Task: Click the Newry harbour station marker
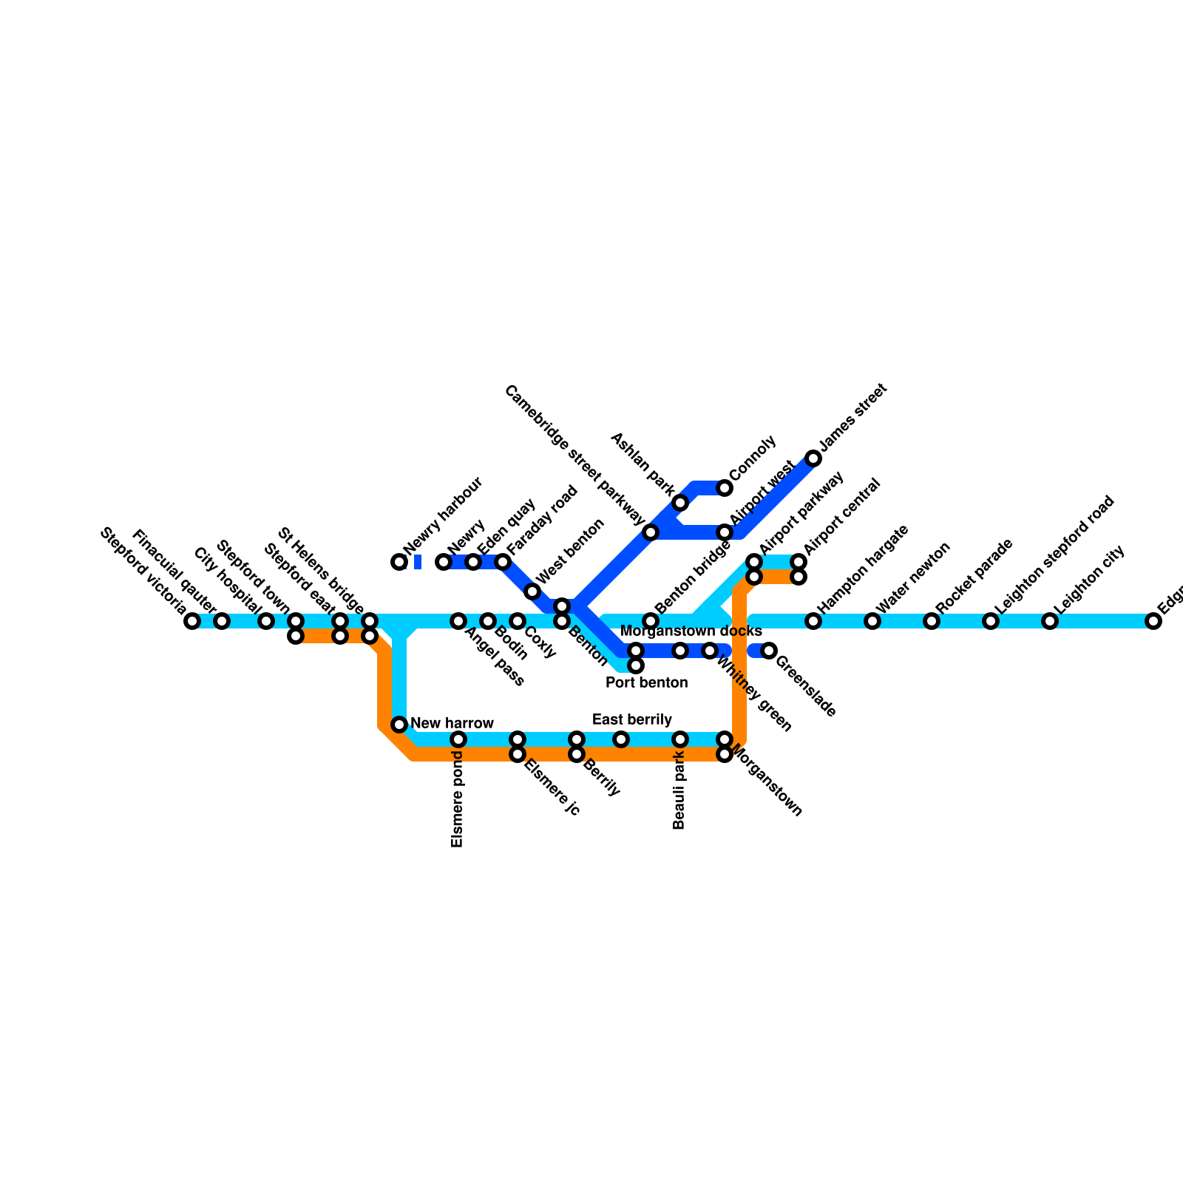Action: tap(399, 562)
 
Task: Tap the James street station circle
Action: tap(813, 458)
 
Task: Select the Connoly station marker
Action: tap(725, 488)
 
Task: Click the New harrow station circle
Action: tap(399, 724)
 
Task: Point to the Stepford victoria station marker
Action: tap(192, 621)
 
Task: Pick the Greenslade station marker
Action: tap(769, 651)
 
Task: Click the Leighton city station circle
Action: tap(1050, 621)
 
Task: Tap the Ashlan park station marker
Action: tap(680, 503)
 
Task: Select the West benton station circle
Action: tap(532, 591)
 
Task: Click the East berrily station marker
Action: tap(621, 739)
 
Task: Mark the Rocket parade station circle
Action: tap(932, 621)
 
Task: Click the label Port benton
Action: tap(646, 682)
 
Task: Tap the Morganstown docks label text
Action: tap(691, 631)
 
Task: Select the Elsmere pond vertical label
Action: tap(457, 799)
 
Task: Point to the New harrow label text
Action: tap(452, 723)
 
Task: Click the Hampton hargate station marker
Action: tap(813, 621)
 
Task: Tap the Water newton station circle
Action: tap(872, 621)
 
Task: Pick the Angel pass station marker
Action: tap(458, 621)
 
